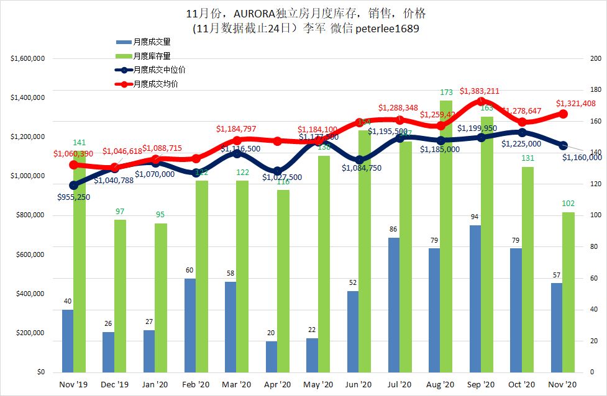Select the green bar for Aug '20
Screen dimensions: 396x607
[x=446, y=236]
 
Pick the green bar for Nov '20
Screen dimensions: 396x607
[x=568, y=292]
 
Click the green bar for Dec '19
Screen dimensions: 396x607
[x=120, y=295]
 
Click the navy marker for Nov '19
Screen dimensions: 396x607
[x=73, y=185]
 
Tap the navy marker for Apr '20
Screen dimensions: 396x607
[x=278, y=171]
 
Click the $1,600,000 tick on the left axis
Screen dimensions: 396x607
[x=27, y=59]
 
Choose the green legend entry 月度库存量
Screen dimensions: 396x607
[x=152, y=56]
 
